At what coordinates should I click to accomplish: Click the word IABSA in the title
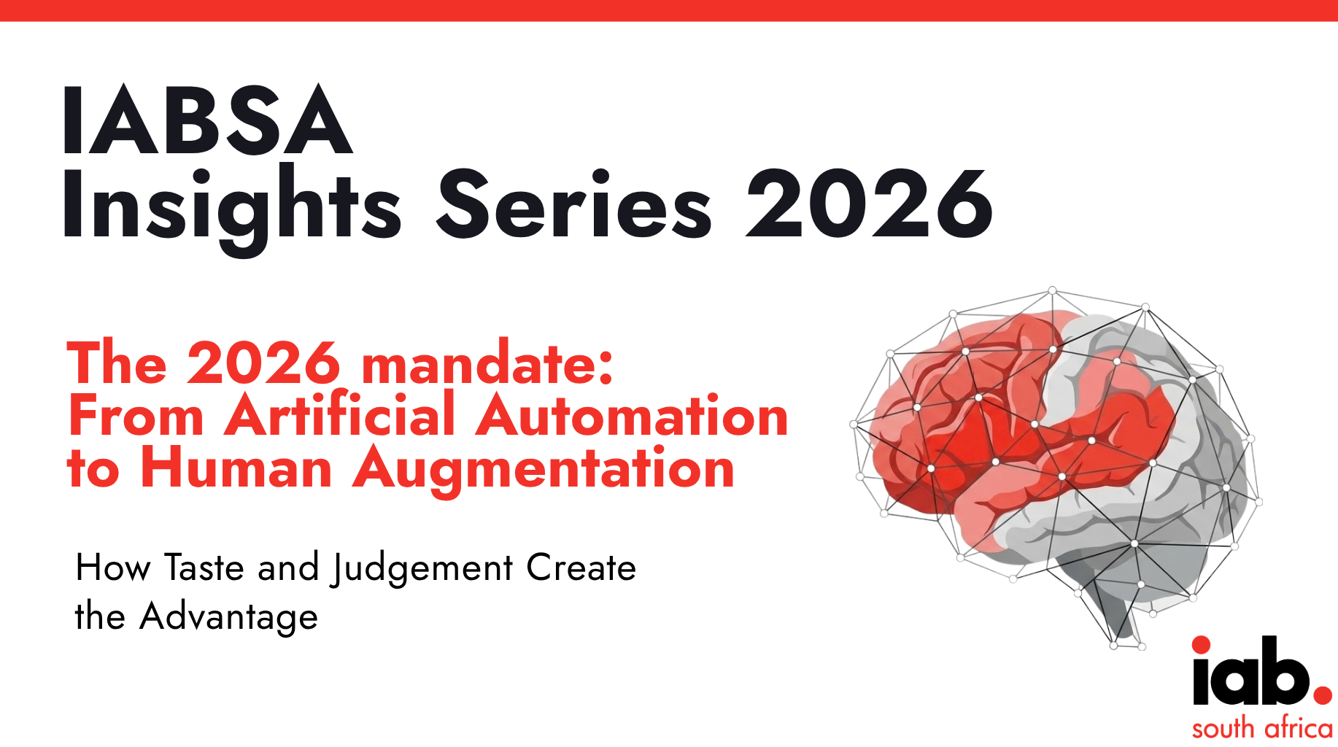(208, 120)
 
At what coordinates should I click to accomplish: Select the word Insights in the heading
(232, 208)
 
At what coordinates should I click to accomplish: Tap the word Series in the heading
(573, 205)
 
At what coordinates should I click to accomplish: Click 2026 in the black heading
(869, 205)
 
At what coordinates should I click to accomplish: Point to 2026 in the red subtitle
(263, 363)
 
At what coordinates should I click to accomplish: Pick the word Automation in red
(632, 415)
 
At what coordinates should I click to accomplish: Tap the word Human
(236, 468)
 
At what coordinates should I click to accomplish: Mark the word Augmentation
(544, 471)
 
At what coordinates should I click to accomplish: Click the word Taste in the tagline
(204, 568)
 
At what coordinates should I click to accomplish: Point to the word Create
(581, 568)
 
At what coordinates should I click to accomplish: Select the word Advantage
(229, 618)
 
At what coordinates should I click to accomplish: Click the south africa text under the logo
(1262, 728)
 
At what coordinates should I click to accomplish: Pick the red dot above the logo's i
(1202, 645)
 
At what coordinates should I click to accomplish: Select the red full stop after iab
(1323, 694)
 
